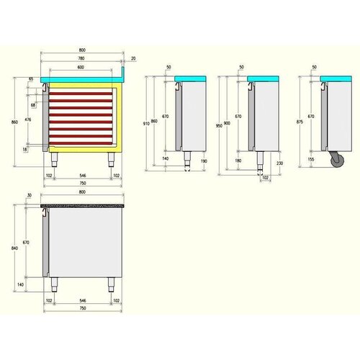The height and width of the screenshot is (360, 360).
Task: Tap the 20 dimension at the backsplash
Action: (133, 59)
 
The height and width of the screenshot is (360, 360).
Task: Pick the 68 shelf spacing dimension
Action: (32, 104)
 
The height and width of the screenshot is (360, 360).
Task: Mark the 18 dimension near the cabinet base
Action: (26, 149)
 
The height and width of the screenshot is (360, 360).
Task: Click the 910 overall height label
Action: (147, 123)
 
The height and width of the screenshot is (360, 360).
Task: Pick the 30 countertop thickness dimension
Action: (30, 196)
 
